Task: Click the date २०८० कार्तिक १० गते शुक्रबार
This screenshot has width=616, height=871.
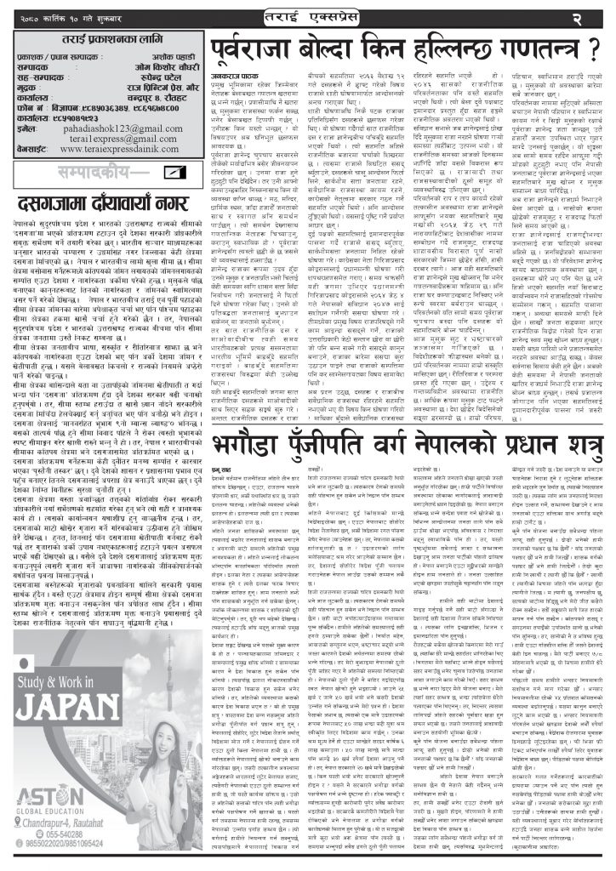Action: tap(69, 15)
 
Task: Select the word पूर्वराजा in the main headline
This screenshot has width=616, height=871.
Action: tap(264, 48)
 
